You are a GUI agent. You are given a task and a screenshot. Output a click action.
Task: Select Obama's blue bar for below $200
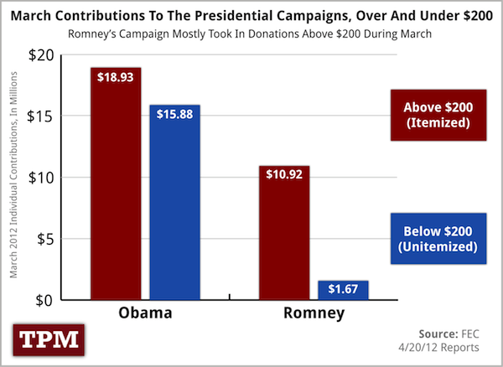click(x=174, y=205)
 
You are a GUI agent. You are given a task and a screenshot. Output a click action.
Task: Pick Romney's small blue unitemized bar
click(x=343, y=290)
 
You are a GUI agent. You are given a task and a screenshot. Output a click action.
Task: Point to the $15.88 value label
click(x=174, y=114)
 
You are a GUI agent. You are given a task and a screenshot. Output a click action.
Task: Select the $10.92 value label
click(x=284, y=176)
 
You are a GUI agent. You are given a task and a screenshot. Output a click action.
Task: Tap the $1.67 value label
click(x=344, y=289)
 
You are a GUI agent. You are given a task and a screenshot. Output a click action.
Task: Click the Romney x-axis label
click(x=314, y=316)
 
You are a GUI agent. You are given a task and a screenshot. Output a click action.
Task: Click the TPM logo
click(x=47, y=339)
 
